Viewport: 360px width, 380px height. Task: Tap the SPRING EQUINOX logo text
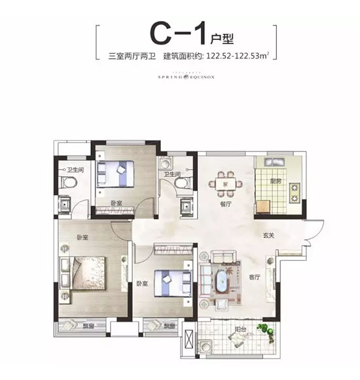(x=180, y=75)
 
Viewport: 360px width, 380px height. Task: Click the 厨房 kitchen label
(x=276, y=181)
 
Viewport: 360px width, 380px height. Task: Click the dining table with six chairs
(x=225, y=181)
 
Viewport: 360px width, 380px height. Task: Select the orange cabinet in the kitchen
(x=264, y=207)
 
